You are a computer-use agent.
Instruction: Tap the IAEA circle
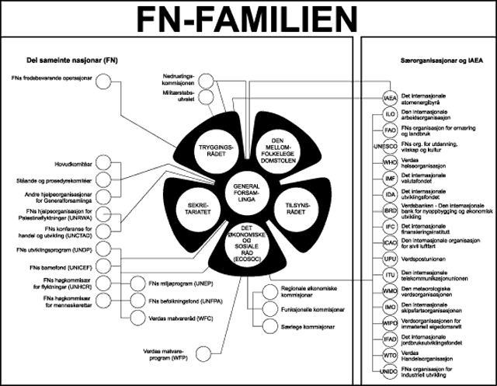coord(391,99)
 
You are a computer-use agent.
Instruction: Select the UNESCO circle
coord(391,145)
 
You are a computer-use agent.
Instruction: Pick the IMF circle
coord(391,179)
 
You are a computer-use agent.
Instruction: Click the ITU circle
coord(391,276)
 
